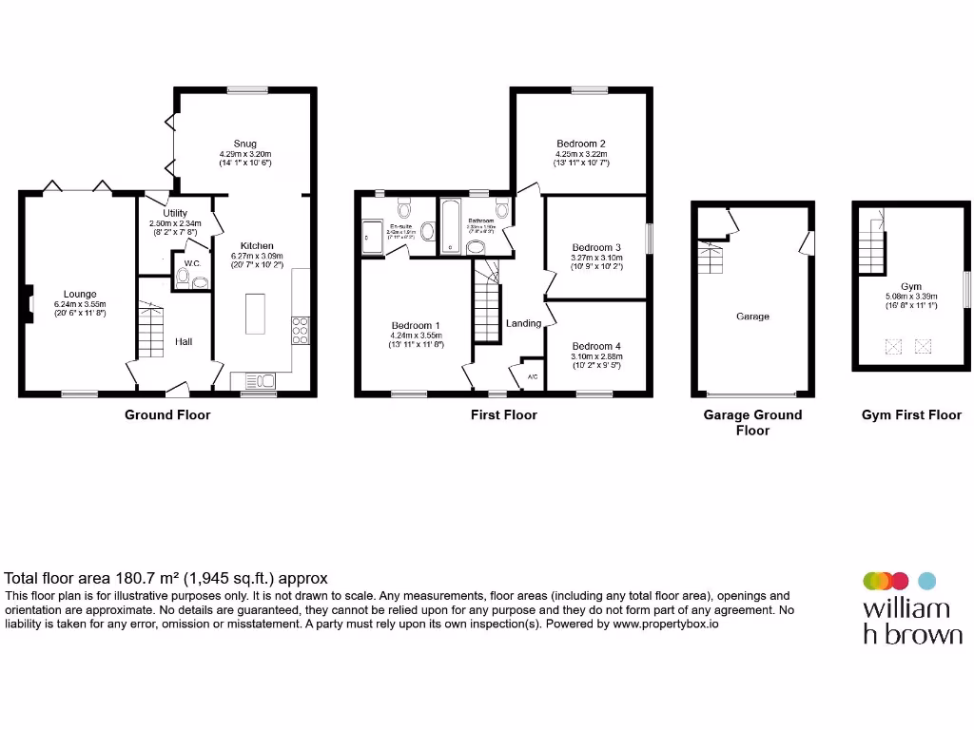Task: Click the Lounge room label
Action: (x=80, y=294)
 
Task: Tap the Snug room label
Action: (x=244, y=144)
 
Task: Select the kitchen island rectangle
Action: (x=255, y=314)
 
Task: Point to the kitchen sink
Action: (x=260, y=381)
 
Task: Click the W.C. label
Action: (x=191, y=263)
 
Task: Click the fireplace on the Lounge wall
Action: (x=29, y=302)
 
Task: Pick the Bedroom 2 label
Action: (x=581, y=144)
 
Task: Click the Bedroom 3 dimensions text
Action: (x=596, y=261)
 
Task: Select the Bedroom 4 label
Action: (x=596, y=346)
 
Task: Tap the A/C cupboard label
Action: (x=532, y=377)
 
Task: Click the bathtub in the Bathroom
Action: (x=450, y=226)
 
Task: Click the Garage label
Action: (x=752, y=317)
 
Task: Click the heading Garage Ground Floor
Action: (x=752, y=422)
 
